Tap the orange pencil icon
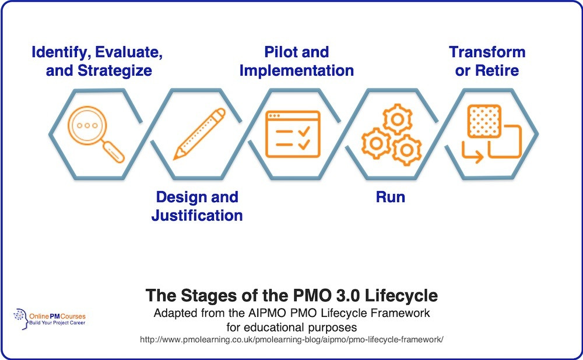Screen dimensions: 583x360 (x=199, y=134)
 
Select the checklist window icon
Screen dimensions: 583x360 (x=293, y=134)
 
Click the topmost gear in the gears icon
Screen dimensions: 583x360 (x=397, y=119)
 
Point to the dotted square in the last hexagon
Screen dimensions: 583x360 (x=484, y=122)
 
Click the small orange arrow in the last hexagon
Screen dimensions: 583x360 (x=472, y=153)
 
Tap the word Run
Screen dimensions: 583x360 (x=391, y=197)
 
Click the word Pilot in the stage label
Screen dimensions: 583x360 (x=278, y=52)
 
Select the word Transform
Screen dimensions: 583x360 (x=487, y=52)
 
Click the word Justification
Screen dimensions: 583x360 (x=197, y=216)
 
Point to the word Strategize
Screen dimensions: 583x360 (x=114, y=70)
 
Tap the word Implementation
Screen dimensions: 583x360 (x=297, y=70)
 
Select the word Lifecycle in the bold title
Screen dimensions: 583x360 (x=401, y=296)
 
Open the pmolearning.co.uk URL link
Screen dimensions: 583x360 (x=291, y=339)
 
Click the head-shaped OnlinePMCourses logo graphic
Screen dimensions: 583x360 (x=21, y=319)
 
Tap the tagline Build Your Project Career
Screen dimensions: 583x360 (x=57, y=323)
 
